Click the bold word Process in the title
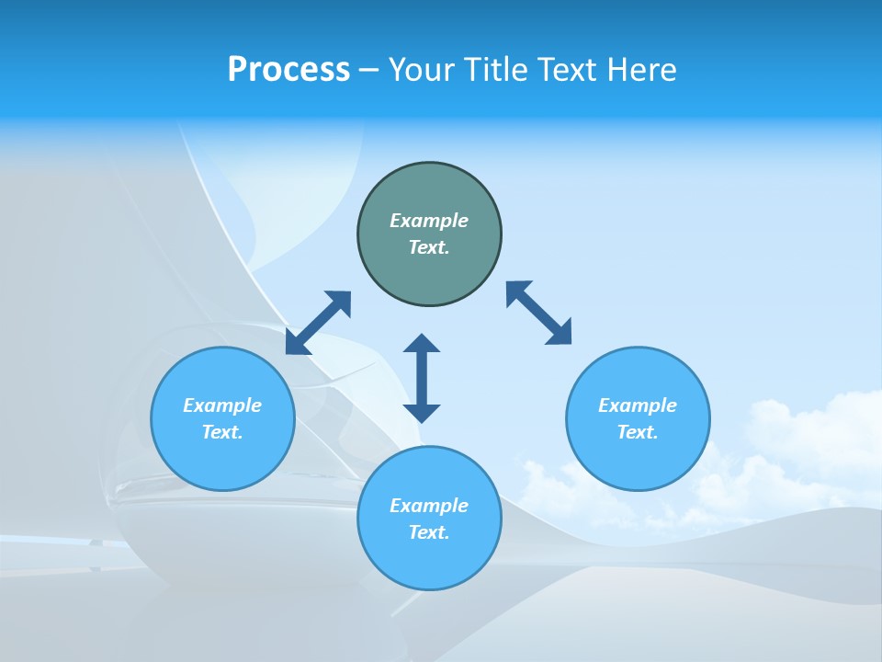(x=288, y=70)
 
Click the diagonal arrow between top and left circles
(x=318, y=323)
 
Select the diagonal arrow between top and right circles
(x=538, y=314)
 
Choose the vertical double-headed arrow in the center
(x=422, y=378)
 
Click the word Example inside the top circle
(x=429, y=221)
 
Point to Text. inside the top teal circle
(x=429, y=247)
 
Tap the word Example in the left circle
(x=222, y=405)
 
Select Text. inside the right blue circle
(x=638, y=432)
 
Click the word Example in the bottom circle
(x=429, y=506)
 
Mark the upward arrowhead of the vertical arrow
(x=422, y=344)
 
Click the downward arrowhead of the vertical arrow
(x=422, y=412)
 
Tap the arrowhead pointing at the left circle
(x=296, y=344)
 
